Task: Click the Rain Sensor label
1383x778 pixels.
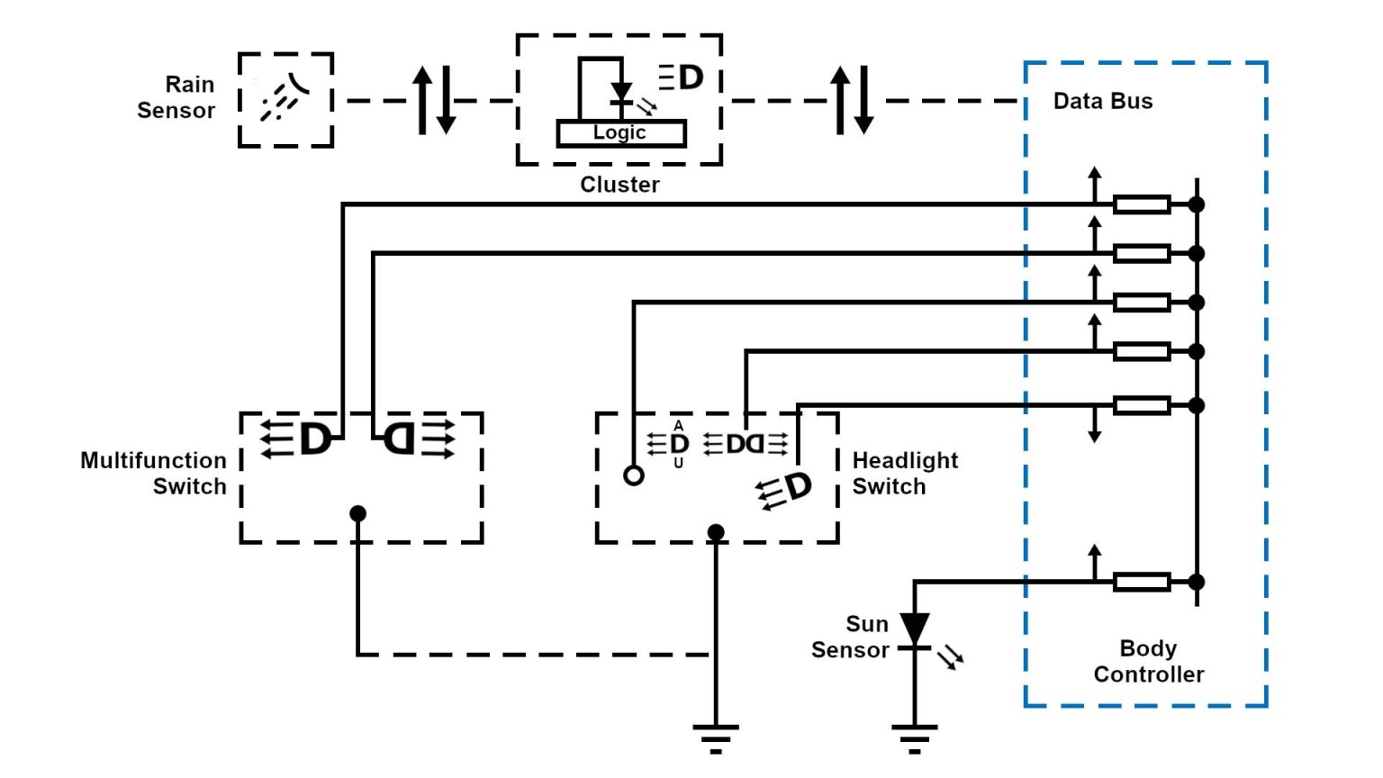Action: [x=176, y=97]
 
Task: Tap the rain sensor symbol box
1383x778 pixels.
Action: [x=285, y=100]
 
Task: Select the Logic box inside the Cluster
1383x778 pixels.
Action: [x=620, y=133]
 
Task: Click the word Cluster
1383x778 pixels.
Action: [x=619, y=185]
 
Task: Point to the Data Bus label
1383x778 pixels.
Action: [x=1103, y=101]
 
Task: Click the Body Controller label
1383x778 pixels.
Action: [x=1148, y=661]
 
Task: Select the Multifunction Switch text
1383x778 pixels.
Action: [x=154, y=473]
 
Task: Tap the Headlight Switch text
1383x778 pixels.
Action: [x=904, y=473]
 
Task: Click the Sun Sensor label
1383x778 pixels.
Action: [x=850, y=637]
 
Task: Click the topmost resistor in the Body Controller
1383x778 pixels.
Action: [x=1141, y=204]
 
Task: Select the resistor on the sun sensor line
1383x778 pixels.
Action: [x=1141, y=582]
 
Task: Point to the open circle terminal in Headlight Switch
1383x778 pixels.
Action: [x=634, y=475]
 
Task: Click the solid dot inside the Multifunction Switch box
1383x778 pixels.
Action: [x=358, y=513]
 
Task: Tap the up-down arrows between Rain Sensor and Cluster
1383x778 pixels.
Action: [x=434, y=100]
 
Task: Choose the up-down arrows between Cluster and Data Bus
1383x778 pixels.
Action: [x=852, y=100]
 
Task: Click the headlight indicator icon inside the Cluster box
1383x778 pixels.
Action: [x=682, y=77]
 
